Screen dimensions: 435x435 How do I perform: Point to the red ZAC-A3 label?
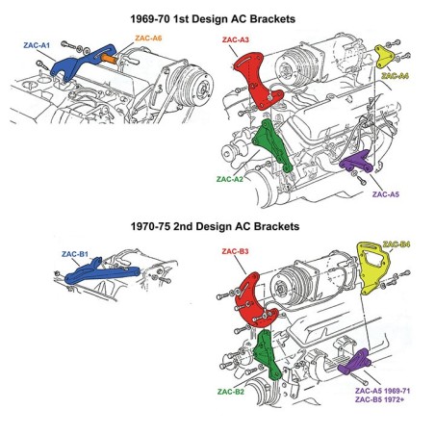click(x=236, y=40)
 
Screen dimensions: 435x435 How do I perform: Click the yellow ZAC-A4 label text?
click(x=396, y=74)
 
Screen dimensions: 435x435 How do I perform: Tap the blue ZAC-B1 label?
click(x=75, y=254)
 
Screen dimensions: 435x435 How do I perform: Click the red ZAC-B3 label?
click(x=236, y=252)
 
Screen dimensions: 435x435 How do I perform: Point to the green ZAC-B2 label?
click(x=232, y=392)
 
